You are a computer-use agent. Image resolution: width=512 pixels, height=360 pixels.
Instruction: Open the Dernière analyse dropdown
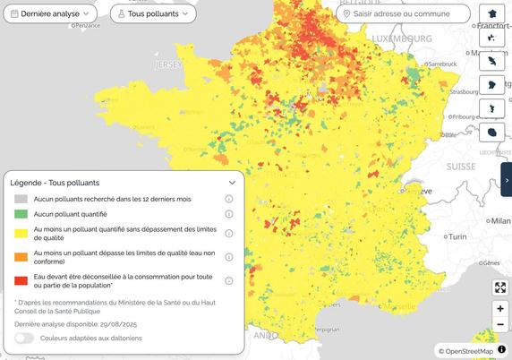click(55, 14)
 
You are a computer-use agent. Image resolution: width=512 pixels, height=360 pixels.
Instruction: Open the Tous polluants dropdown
click(154, 14)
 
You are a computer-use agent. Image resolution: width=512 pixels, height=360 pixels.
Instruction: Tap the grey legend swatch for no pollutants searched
click(20, 198)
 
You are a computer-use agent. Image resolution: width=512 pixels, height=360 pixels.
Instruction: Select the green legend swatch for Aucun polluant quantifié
click(20, 214)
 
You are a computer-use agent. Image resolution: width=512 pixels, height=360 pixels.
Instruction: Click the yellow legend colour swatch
click(20, 234)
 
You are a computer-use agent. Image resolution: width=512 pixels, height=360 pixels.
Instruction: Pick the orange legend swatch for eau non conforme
click(20, 257)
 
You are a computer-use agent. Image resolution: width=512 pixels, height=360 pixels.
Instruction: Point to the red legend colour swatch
click(20, 280)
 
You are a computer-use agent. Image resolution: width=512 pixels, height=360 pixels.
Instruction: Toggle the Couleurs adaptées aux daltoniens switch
click(24, 338)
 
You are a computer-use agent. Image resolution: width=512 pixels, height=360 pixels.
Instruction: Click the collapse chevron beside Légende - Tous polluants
click(232, 183)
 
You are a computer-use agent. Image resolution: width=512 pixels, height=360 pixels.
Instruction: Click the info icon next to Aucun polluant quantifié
click(229, 214)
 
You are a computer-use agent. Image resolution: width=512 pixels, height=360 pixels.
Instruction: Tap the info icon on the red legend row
click(229, 280)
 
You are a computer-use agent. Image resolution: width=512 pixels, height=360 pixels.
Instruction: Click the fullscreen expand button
click(500, 288)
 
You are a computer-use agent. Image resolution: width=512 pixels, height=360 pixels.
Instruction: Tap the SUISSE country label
click(461, 167)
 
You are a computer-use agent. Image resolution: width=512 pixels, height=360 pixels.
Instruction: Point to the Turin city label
click(458, 236)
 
